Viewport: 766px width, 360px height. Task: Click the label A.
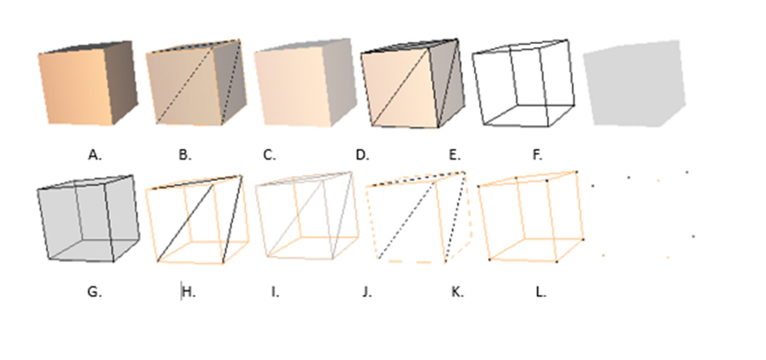[x=95, y=156]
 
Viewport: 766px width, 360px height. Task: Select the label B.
[x=185, y=156]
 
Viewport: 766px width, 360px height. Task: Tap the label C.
[x=270, y=156]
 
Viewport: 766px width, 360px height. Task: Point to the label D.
[x=363, y=156]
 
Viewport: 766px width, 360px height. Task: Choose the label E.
[x=455, y=156]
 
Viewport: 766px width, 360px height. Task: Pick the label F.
[x=537, y=156]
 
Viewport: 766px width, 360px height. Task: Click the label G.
[x=95, y=292]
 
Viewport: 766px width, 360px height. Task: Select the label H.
[x=189, y=292]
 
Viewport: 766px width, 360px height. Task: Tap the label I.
[x=275, y=292]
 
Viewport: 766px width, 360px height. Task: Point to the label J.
[x=368, y=292]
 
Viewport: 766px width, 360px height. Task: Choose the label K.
[x=457, y=292]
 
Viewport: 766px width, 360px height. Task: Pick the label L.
[x=541, y=292]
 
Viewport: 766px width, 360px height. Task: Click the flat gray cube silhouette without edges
[x=635, y=84]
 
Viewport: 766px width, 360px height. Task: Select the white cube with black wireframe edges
[x=523, y=83]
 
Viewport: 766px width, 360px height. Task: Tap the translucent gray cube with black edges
[x=89, y=218]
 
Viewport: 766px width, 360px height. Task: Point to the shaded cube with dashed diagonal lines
[x=196, y=82]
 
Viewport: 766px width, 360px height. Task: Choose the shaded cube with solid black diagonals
[x=413, y=84]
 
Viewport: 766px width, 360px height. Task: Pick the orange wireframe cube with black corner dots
[x=530, y=217]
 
